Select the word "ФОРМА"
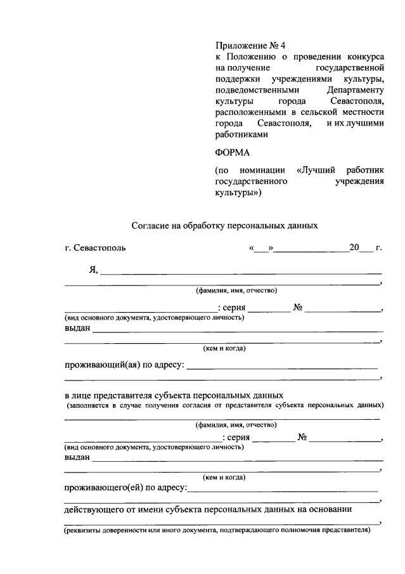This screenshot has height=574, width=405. pyautogui.click(x=233, y=152)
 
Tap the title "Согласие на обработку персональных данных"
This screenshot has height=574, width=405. pyautogui.click(x=224, y=225)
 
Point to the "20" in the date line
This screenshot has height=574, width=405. pyautogui.click(x=354, y=247)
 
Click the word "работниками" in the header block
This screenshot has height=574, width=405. pyautogui.click(x=241, y=134)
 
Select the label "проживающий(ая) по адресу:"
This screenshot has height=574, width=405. pyautogui.click(x=124, y=365)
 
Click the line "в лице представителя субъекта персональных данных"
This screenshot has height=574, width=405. pyautogui.click(x=174, y=395)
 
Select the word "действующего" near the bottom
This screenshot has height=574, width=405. pyautogui.click(x=94, y=509)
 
